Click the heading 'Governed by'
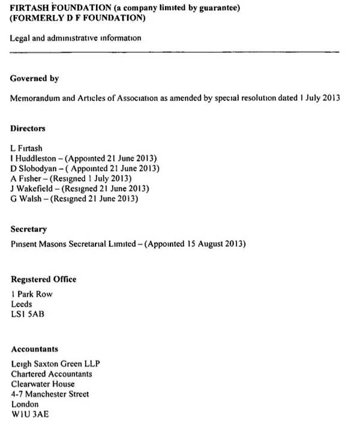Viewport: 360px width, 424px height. tap(34, 79)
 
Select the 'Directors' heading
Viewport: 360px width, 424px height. tap(28, 129)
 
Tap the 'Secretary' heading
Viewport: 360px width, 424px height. tap(28, 229)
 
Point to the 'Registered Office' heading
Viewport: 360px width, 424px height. tap(43, 279)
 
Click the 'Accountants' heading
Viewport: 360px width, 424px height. tap(34, 349)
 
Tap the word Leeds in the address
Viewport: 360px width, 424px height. tap(22, 304)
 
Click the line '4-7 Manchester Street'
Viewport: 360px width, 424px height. tap(50, 394)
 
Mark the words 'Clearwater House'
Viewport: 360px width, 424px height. tap(43, 384)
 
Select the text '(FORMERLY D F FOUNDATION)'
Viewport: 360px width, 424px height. tap(78, 19)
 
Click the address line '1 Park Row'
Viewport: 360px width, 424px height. tap(32, 294)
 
